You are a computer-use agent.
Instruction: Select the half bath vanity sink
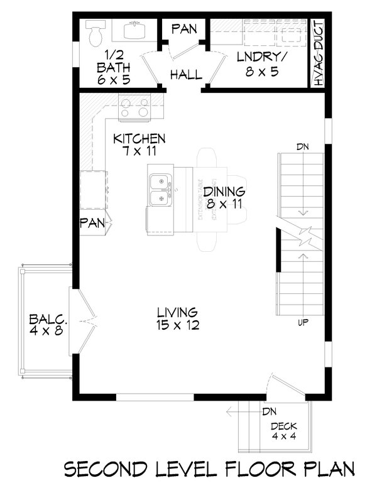pos(135,30)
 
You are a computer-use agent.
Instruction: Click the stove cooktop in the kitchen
pos(134,107)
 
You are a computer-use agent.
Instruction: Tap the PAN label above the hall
pos(185,28)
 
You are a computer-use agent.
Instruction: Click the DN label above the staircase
pos(303,147)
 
